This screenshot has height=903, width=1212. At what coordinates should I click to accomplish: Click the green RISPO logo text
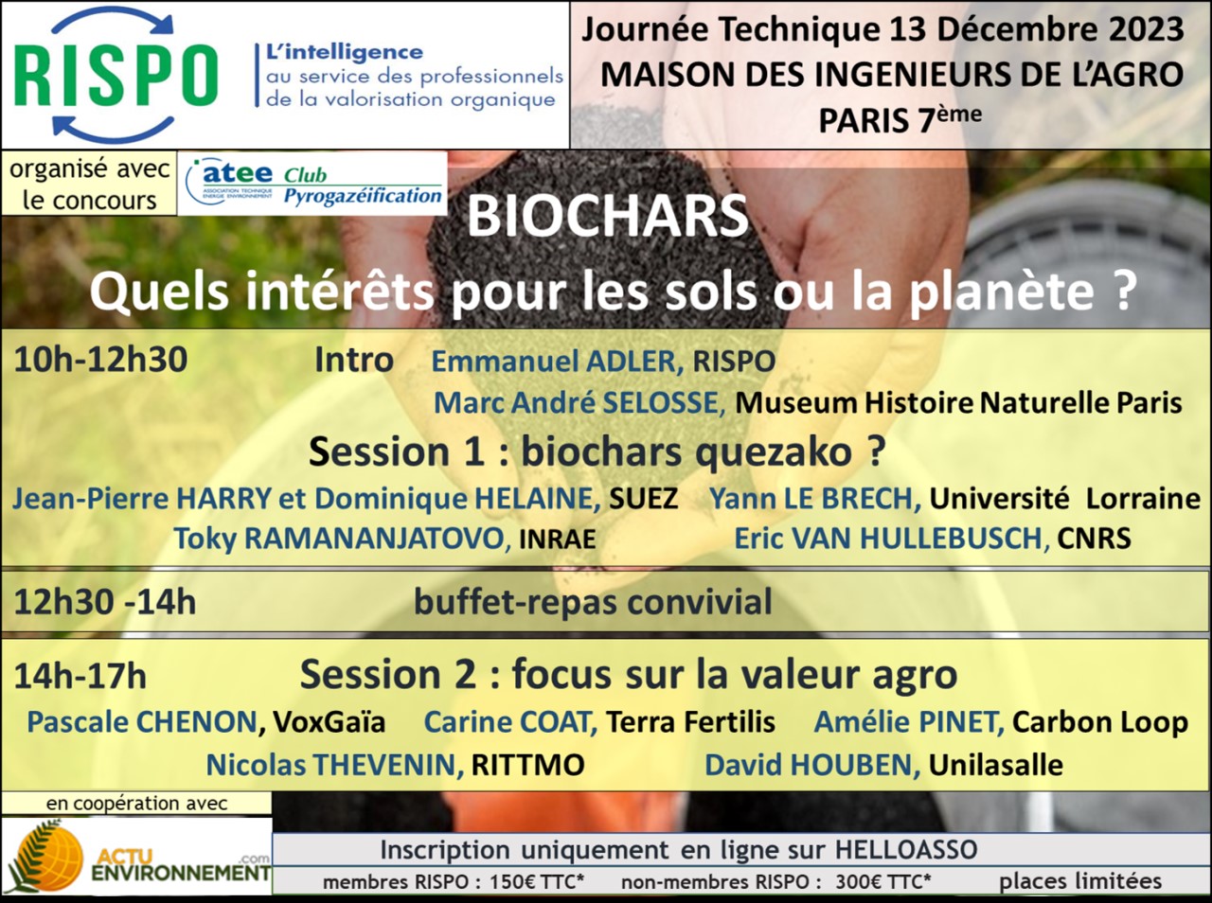coord(116,76)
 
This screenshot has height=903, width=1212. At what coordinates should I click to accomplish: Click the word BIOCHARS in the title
coord(607,216)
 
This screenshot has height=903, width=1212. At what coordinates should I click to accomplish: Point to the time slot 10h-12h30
coord(100,360)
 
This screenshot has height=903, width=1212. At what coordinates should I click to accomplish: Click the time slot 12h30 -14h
coord(105,601)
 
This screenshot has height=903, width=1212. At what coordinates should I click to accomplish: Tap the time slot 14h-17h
coord(80,676)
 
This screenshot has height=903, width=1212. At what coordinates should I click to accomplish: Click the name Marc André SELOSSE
coord(579,403)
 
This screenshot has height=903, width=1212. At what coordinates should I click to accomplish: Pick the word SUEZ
coord(643,499)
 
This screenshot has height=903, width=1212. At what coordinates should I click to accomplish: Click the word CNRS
coord(1094,539)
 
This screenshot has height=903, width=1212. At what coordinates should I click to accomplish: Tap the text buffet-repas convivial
coord(593,602)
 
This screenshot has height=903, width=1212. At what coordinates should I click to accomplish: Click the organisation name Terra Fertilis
coord(690,722)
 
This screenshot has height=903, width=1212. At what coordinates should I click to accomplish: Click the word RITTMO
coord(527,765)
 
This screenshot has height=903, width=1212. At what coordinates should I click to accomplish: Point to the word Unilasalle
coord(995,765)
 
